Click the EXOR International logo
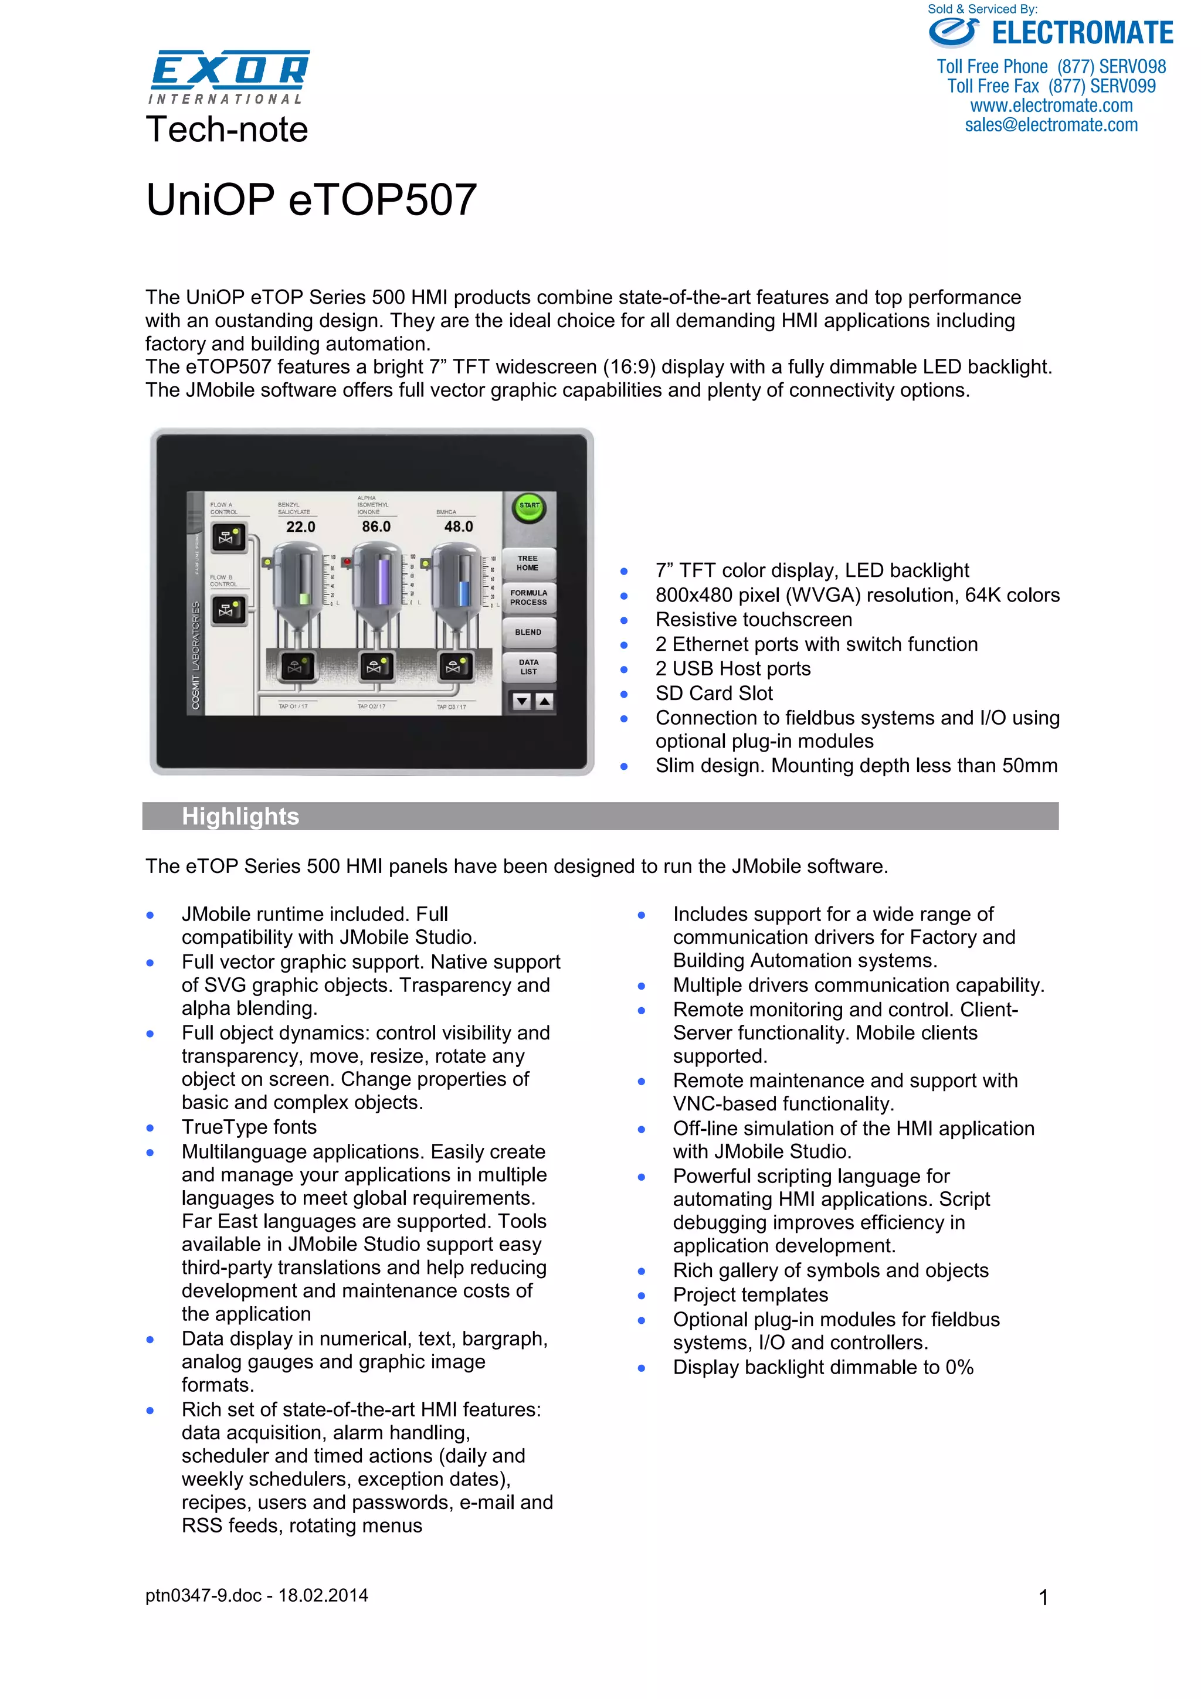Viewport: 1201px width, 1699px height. [229, 76]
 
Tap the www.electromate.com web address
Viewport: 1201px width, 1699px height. [1051, 106]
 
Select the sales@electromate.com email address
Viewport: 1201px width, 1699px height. [1051, 125]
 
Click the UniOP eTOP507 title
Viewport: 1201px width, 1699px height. [311, 200]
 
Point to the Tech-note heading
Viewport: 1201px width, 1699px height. [226, 130]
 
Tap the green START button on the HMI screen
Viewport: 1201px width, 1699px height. [529, 507]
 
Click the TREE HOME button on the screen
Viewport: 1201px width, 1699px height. [528, 563]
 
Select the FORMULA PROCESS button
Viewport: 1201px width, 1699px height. [528, 598]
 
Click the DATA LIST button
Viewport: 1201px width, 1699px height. [528, 667]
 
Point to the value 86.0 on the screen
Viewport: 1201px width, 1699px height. [376, 527]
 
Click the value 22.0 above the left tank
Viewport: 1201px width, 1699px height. [300, 527]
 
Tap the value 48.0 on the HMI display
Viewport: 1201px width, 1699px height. [458, 527]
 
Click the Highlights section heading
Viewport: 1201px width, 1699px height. [240, 816]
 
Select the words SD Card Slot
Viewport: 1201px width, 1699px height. [714, 694]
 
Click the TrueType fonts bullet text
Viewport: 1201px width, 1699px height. [249, 1127]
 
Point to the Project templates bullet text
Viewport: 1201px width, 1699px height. [751, 1295]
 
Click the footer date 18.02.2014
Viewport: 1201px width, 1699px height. [323, 1595]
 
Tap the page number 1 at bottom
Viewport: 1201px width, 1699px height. [1043, 1598]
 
